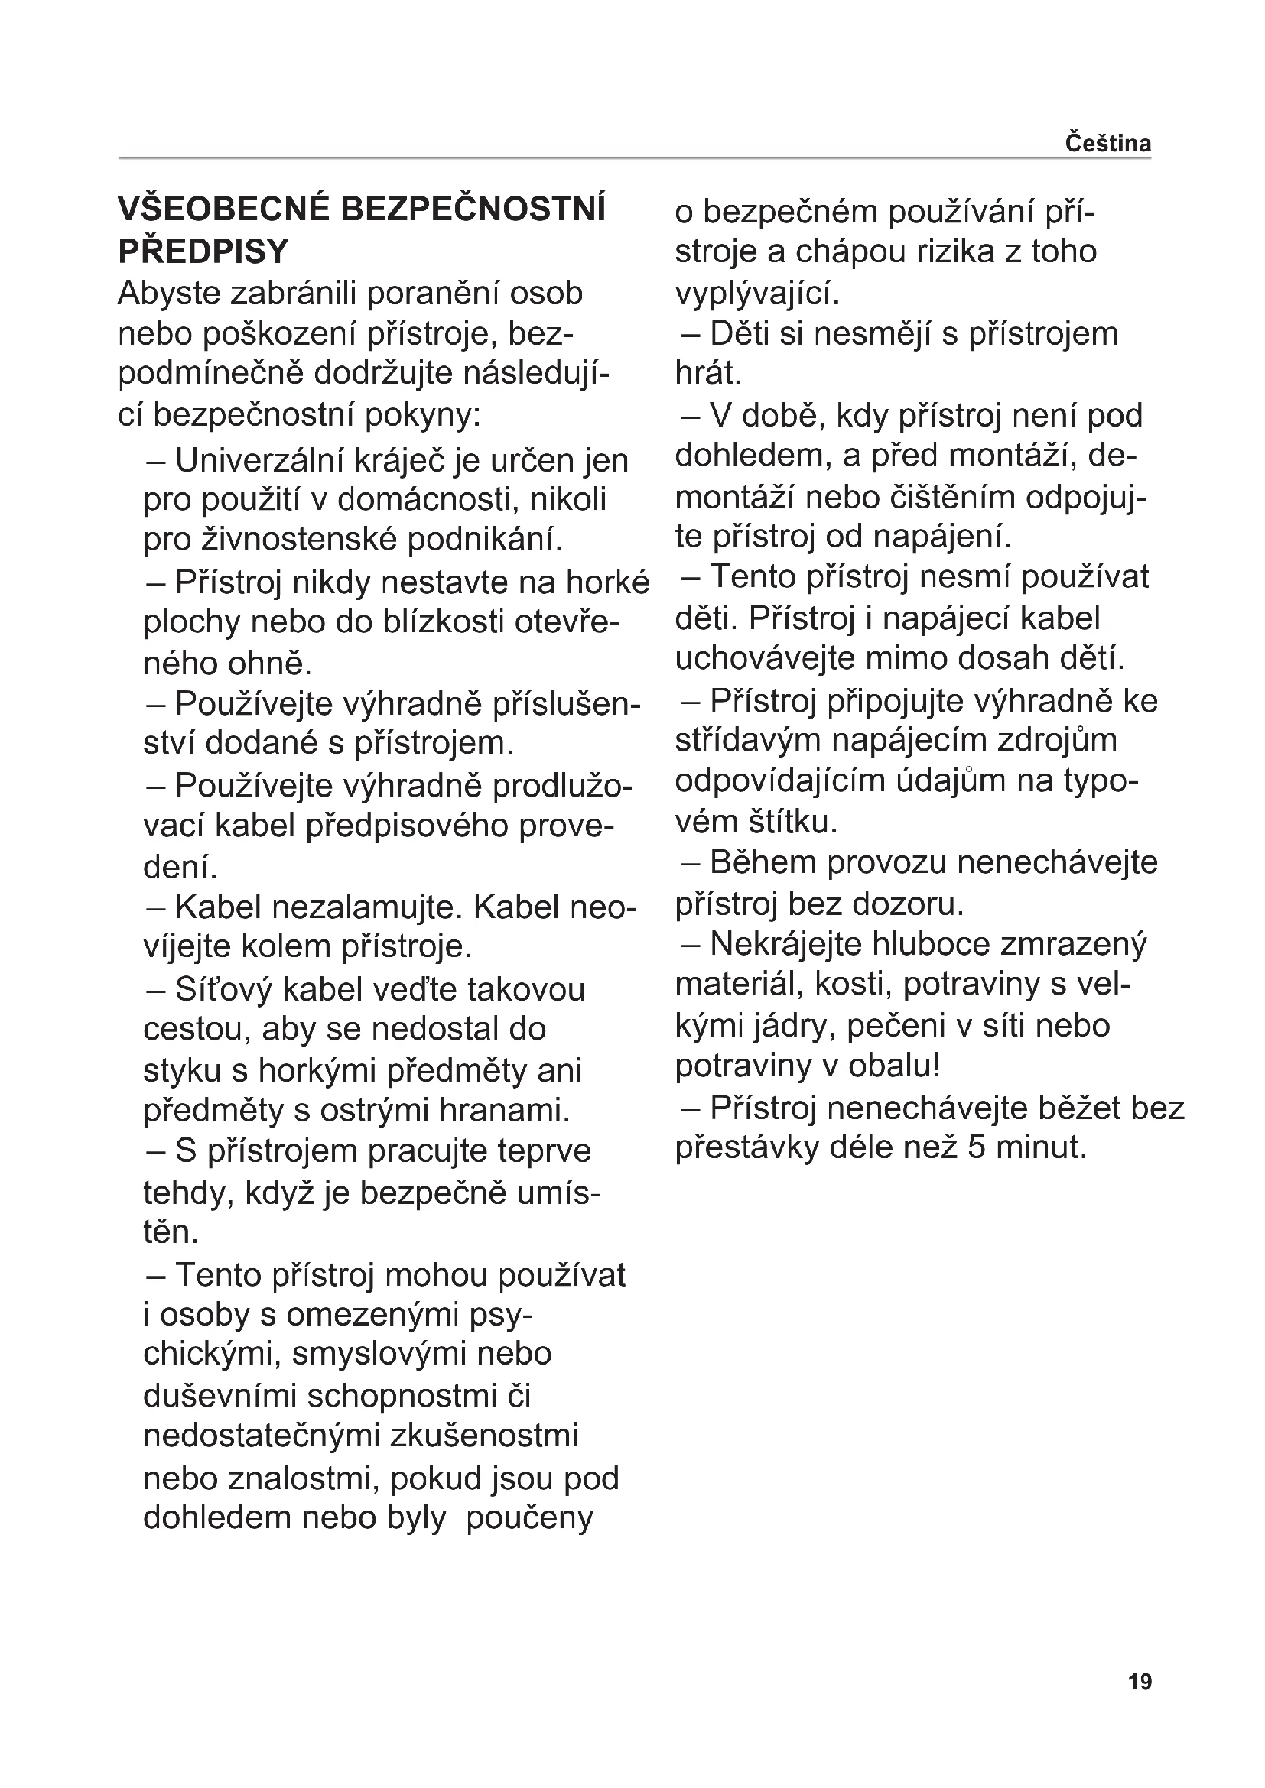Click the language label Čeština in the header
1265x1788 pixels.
1107,144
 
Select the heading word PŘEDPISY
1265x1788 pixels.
203,251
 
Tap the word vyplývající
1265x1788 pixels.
757,294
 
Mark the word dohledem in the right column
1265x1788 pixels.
753,456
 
